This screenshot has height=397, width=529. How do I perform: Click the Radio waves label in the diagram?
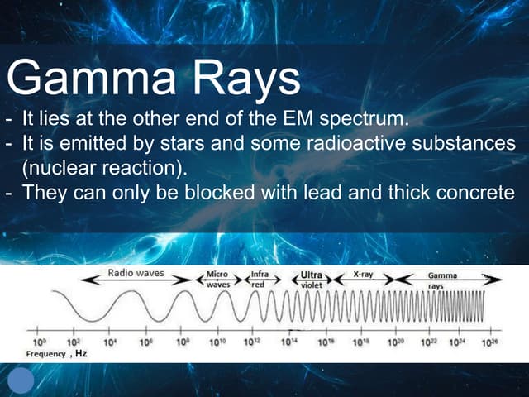click(136, 272)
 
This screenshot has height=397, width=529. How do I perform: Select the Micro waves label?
click(217, 279)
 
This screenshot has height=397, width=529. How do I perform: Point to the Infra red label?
click(260, 279)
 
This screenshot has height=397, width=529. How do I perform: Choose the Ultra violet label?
click(311, 279)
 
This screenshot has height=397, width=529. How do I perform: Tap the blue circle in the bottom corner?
click(20, 380)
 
